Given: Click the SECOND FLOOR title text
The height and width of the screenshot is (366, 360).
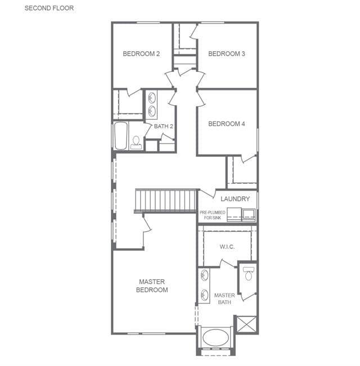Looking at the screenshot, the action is point(49,8).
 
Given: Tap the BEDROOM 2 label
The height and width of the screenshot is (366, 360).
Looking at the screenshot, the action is point(141,54).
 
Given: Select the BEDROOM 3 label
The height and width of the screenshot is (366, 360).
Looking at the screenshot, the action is point(227,54).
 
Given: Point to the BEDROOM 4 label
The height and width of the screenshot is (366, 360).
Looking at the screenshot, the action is point(227,124).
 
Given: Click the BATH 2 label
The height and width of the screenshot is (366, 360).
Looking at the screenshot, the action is point(164,126).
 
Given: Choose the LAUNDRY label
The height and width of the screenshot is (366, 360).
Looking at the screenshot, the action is point(235,199).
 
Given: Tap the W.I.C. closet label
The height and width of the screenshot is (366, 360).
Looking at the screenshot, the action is point(227,247).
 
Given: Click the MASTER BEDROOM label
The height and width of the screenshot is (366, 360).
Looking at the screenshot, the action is point(152,286).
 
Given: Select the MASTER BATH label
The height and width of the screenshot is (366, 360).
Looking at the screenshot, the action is point(224,299).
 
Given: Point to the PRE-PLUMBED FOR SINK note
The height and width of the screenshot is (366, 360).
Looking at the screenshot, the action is point(213,215).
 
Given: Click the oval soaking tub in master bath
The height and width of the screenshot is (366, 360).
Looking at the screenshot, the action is point(215,337).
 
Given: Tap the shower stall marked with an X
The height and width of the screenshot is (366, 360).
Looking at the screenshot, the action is point(246,324).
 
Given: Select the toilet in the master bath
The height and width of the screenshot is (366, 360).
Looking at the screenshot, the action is point(248,274).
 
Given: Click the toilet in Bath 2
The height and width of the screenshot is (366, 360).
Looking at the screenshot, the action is point(136,143).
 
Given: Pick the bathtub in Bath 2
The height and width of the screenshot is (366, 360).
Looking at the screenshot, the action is point(121,135).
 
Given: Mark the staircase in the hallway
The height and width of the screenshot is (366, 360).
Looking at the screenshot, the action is point(166,201).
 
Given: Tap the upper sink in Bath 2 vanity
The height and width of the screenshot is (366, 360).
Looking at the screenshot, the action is point(152,98).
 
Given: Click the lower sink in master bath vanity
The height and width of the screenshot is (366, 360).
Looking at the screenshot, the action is point(205,295).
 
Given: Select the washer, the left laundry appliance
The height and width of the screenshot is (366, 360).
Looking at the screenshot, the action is point(234,215).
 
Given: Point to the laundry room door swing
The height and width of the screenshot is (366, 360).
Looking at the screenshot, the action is point(208,194).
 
